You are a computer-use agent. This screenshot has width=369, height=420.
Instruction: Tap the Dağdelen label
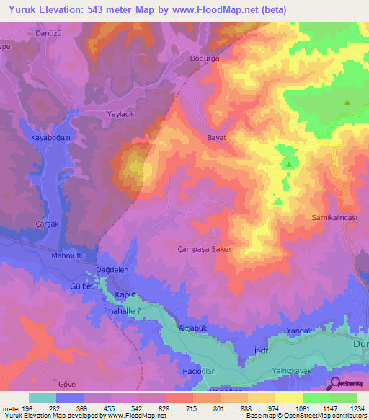tap(112, 269)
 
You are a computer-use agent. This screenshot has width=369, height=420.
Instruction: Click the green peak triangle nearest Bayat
tap(288, 164)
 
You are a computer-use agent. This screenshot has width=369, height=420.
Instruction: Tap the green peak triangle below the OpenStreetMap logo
tap(347, 102)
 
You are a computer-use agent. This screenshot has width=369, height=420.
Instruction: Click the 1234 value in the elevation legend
tap(356, 408)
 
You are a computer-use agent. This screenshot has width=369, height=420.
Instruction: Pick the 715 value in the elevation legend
tap(192, 408)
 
